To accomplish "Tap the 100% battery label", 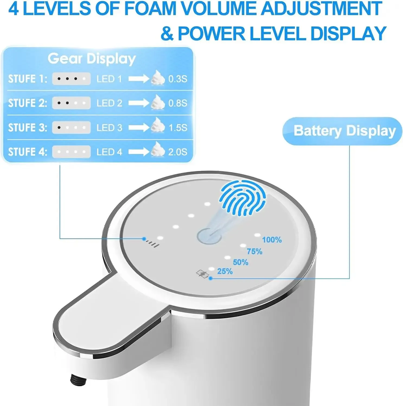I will pos(272,240).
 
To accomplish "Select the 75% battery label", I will pos(254,252).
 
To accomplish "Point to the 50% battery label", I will pos(240,262).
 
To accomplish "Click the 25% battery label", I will pos(225,271).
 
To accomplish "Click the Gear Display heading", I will pos(92,59).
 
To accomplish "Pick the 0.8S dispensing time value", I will pos(177,103).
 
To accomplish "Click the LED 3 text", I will pos(109,128).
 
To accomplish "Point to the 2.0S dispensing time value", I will pos(177,152).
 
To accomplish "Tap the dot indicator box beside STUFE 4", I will pos(71,152).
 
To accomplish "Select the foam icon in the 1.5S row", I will pos(158,126).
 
